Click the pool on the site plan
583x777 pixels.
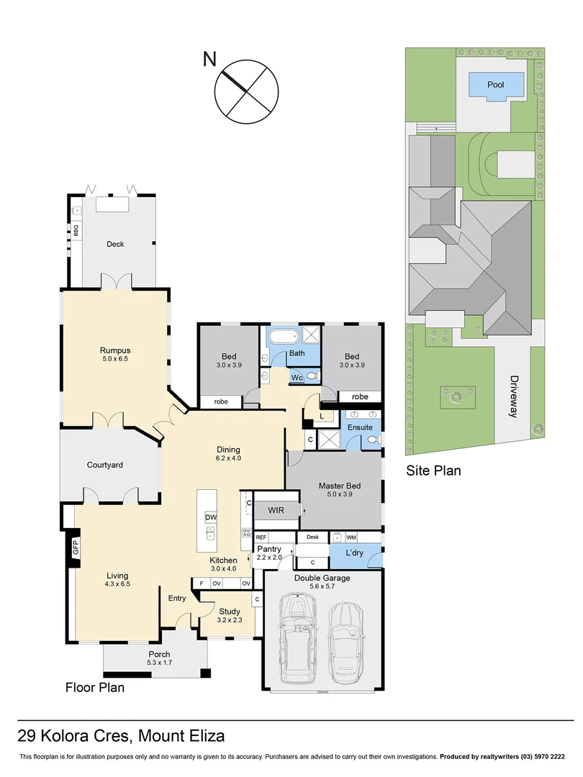click(495, 85)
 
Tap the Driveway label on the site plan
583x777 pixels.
click(514, 396)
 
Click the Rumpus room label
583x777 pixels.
click(115, 351)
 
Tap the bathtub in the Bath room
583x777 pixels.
click(283, 337)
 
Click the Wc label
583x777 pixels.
click(297, 377)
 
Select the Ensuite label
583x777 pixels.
click(360, 427)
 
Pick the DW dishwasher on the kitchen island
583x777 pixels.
click(210, 517)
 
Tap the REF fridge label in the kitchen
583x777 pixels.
click(261, 537)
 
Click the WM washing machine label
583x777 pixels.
click(351, 537)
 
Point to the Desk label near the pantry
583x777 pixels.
click(312, 537)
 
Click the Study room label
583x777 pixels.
click(229, 612)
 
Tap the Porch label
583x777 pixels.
click(159, 654)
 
